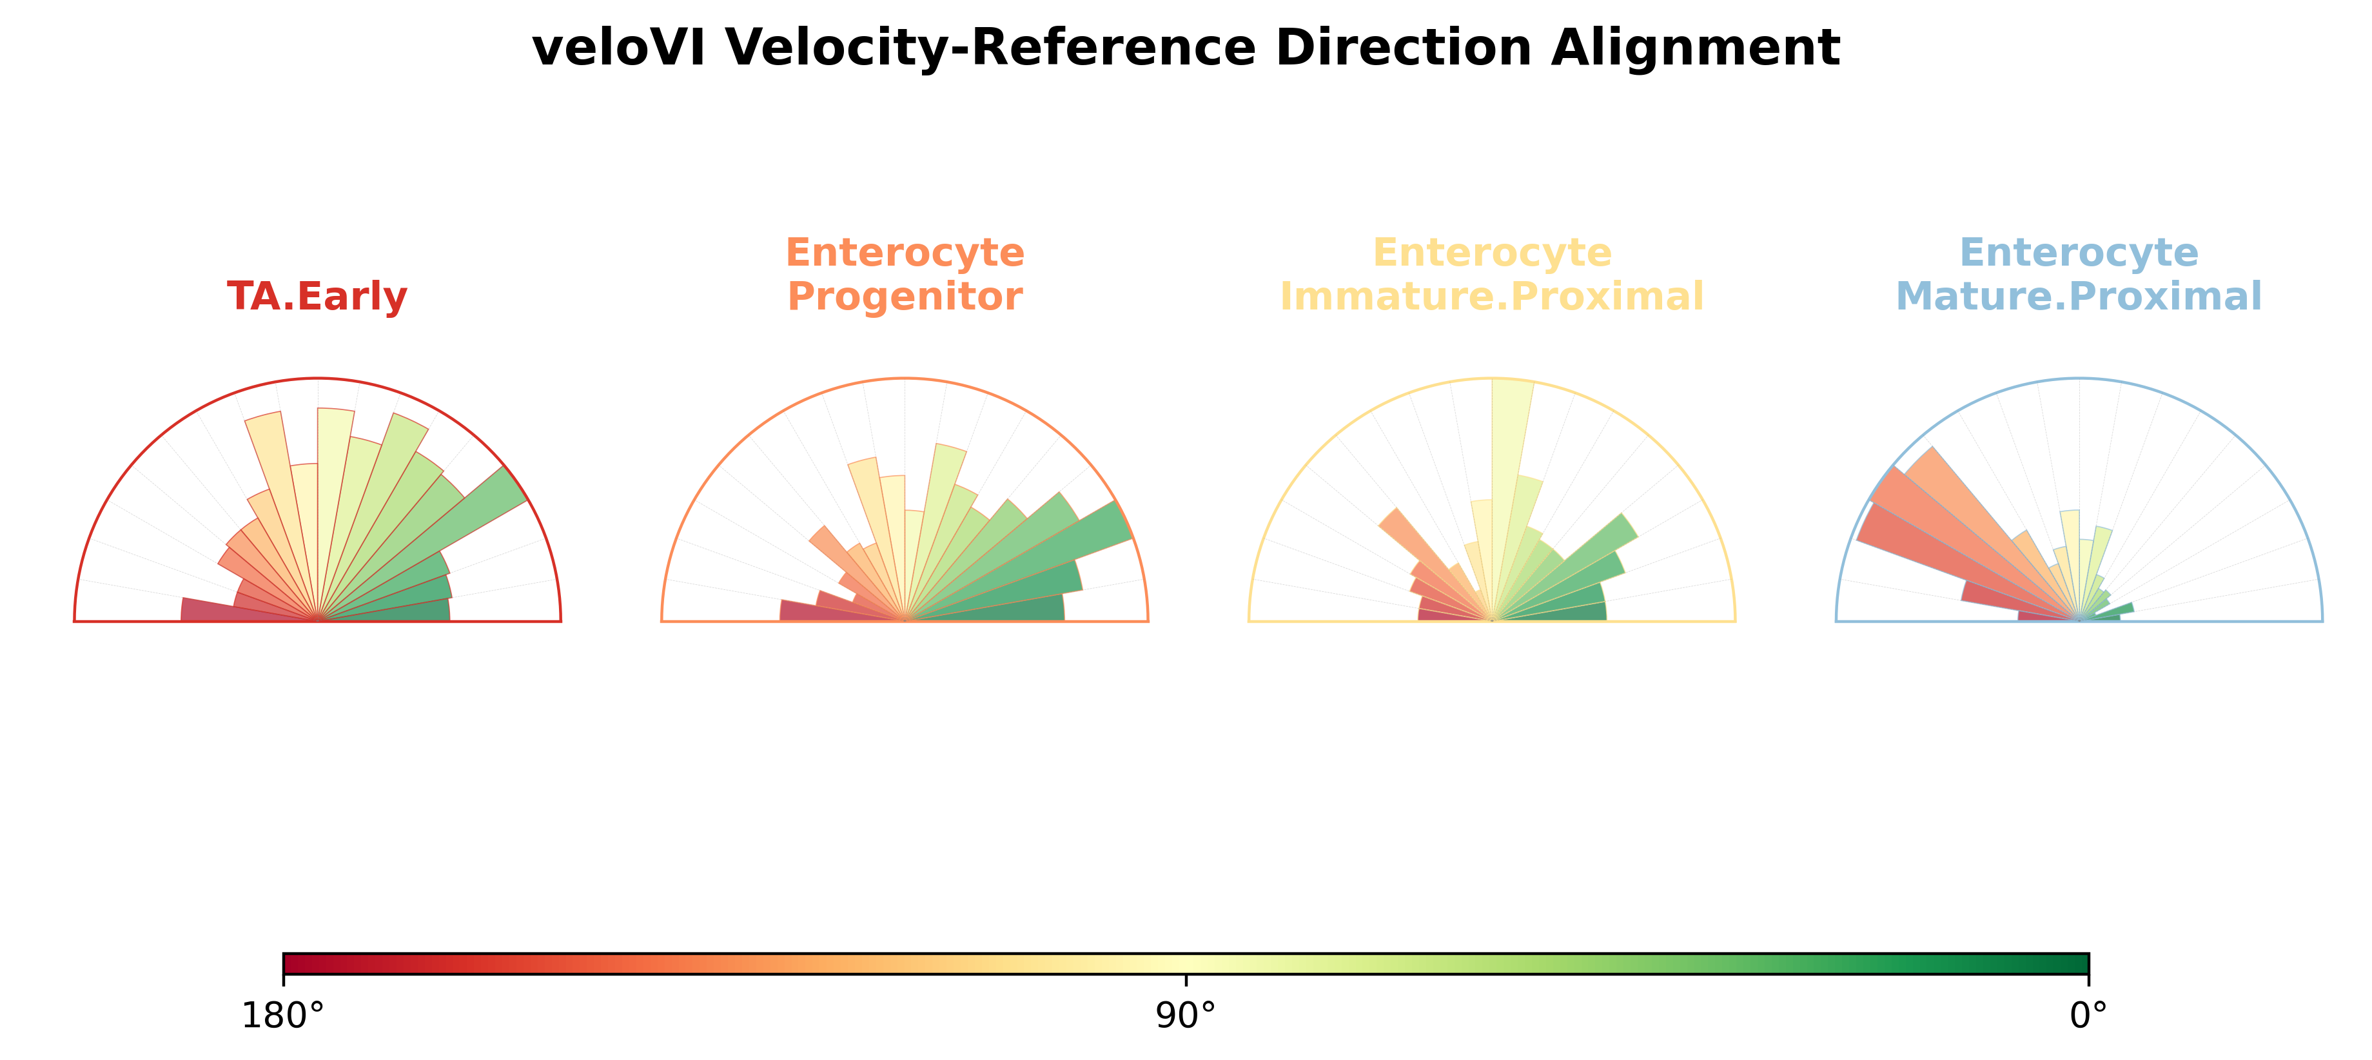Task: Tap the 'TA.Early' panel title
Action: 317,297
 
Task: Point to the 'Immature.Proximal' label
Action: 1492,297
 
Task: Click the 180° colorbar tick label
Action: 282,1016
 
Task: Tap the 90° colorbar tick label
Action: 1185,1016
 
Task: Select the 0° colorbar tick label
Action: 2088,1016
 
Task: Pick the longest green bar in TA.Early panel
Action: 433,544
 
